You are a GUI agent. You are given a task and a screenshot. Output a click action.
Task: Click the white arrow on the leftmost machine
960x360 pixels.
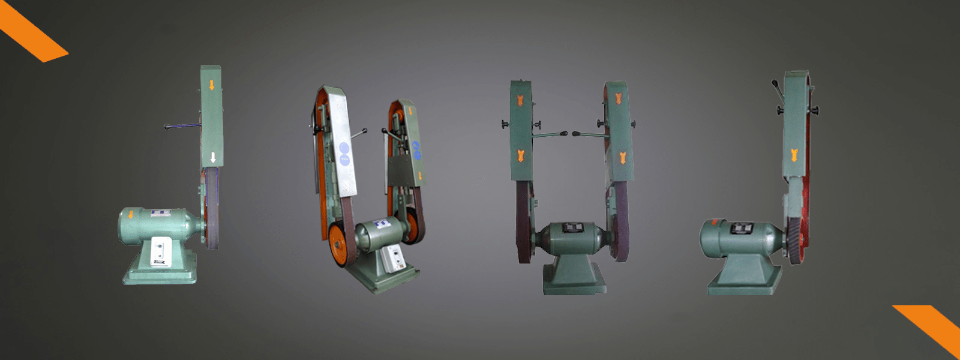tap(213, 158)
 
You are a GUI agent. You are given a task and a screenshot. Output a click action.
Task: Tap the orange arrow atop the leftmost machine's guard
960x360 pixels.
tap(212, 85)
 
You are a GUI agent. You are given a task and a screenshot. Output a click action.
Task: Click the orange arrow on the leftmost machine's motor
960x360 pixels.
tap(131, 215)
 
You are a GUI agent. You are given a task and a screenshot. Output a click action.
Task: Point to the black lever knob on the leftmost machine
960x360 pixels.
tap(167, 127)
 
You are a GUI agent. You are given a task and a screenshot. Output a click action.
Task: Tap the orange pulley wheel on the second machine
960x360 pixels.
tap(338, 244)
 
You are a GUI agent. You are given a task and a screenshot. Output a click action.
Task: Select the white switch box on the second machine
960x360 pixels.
tap(394, 261)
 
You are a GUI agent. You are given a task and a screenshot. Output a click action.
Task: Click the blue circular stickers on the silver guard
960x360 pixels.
tap(344, 154)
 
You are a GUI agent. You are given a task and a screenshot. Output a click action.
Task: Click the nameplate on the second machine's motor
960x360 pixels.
tap(380, 225)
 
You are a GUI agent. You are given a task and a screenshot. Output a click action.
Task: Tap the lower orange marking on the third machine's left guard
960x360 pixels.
tap(521, 157)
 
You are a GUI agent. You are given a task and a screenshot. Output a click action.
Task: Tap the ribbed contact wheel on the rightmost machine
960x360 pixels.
tap(796, 240)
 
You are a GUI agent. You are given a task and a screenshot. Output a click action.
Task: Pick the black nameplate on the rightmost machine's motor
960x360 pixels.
tap(741, 228)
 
